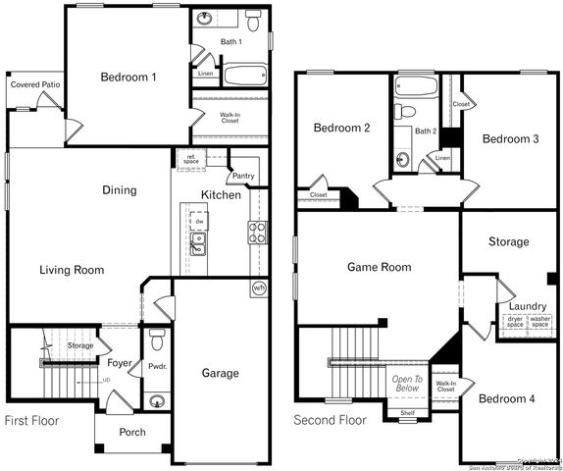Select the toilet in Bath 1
(253, 20)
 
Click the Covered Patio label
(33, 85)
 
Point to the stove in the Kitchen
(256, 233)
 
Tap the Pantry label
(242, 177)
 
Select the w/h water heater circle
(259, 288)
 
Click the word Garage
(220, 373)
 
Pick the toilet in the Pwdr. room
(157, 341)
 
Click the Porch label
(131, 432)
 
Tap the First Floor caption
(31, 421)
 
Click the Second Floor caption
(331, 420)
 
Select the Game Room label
(379, 267)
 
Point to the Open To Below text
(407, 384)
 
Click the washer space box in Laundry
(540, 321)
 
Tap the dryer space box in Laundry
(515, 321)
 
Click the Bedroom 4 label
(506, 398)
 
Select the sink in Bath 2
(403, 157)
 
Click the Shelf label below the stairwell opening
(407, 413)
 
